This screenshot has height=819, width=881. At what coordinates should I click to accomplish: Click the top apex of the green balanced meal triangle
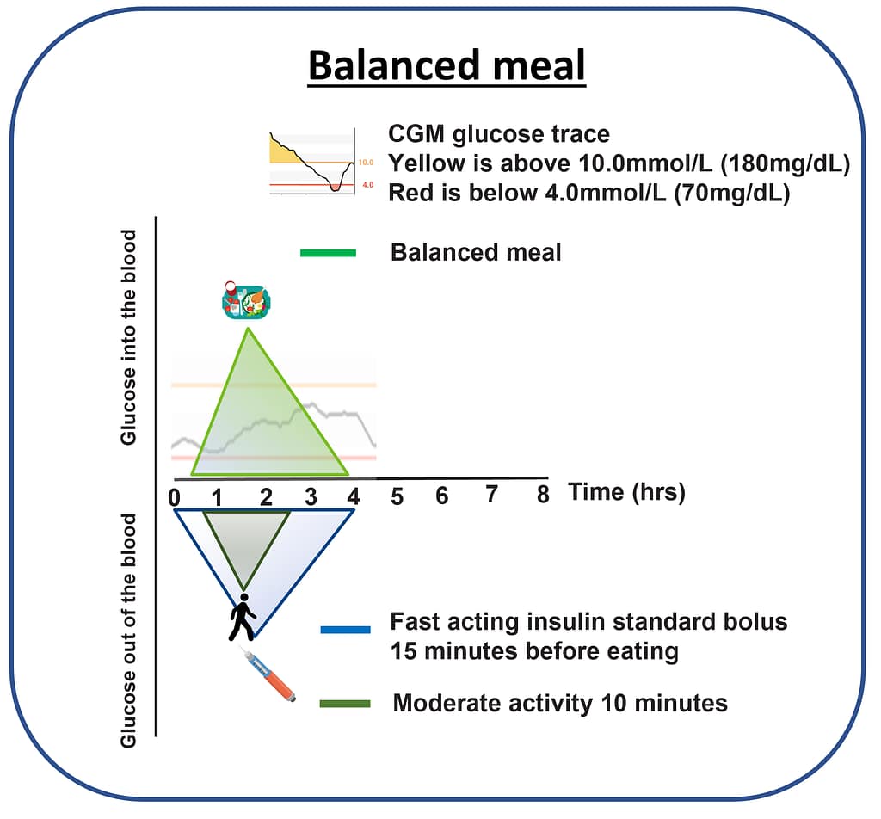pos(248,328)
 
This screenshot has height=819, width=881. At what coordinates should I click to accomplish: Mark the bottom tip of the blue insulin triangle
pos(255,637)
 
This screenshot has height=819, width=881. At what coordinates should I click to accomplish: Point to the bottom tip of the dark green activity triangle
pos(243,588)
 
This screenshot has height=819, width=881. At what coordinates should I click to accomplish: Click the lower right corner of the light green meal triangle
pos(348,475)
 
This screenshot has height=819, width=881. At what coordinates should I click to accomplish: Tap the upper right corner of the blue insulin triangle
pos(354,510)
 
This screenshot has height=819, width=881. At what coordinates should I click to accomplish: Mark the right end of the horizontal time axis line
pos(548,478)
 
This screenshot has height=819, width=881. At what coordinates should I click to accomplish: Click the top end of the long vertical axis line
pos(157,217)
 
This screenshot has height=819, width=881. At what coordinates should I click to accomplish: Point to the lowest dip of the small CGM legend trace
pos(336,190)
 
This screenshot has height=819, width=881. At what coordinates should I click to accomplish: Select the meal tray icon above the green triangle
pos(247,300)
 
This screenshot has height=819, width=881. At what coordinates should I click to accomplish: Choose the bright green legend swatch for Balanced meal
pos(328,253)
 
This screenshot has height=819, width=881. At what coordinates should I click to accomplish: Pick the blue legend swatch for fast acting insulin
pos(346,630)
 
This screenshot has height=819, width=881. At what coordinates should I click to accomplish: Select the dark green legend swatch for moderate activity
pos(345,704)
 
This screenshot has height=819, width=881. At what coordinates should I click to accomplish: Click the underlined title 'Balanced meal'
pos(447,65)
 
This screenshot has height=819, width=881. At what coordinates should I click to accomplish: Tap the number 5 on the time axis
pos(397,496)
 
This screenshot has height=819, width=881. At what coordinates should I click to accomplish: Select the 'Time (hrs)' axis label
pos(627,493)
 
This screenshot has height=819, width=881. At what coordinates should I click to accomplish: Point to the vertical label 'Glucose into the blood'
pos(129,337)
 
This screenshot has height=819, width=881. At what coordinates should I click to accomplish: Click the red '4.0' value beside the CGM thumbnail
pos(368,184)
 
